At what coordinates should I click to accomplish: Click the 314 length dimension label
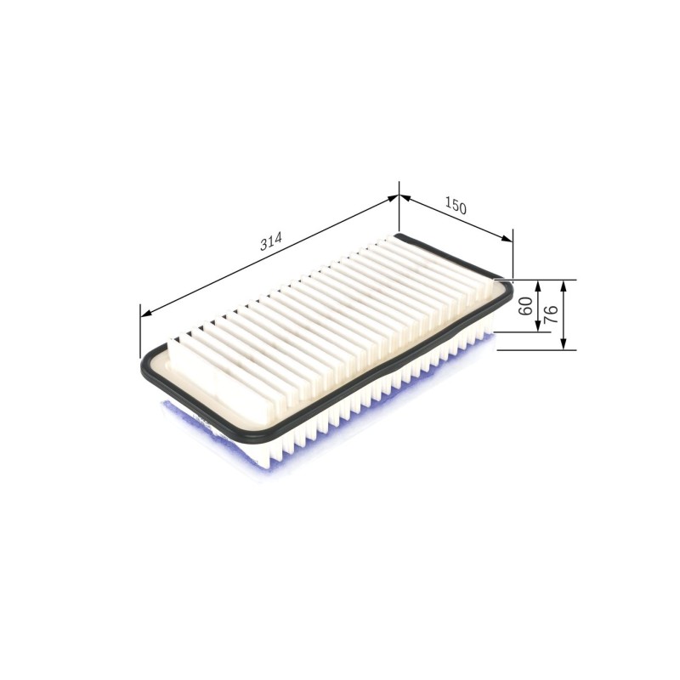271,241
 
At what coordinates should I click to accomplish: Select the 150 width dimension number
456,206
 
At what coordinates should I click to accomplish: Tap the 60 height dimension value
526,306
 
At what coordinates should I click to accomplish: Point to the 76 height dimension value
551,314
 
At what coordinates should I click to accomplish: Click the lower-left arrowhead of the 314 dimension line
146,313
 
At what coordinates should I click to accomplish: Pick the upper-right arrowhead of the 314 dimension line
393,198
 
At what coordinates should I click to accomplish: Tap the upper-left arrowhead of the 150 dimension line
405,198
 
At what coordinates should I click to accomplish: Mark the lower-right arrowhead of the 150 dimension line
507,239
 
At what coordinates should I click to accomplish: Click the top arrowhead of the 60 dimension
538,286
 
